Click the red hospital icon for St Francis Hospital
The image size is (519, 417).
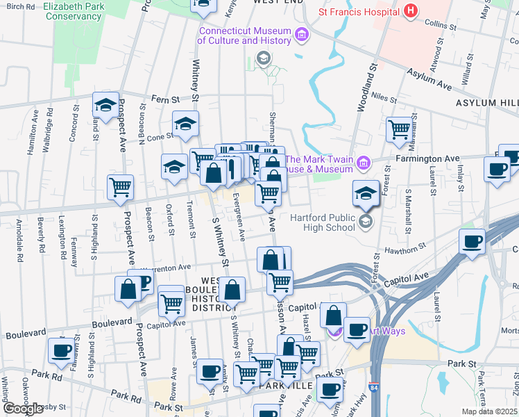411,11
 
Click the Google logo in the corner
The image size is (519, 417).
24,409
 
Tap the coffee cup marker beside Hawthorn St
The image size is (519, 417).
472,243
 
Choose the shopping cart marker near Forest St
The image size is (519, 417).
399,129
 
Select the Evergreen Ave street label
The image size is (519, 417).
239,216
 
